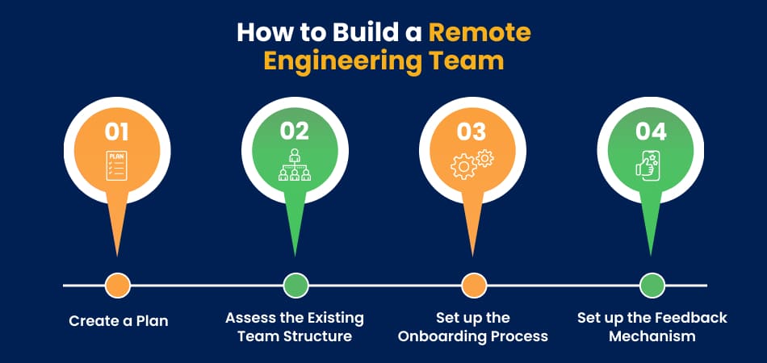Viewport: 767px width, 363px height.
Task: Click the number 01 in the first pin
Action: point(116,132)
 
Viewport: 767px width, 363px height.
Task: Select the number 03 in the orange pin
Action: point(472,132)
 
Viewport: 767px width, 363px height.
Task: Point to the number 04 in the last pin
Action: point(651,131)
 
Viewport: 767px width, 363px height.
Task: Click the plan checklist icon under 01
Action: point(116,165)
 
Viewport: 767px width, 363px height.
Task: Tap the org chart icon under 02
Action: point(295,165)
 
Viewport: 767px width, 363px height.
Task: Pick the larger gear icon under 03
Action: point(463,167)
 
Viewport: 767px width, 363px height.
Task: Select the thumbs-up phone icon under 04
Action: point(650,165)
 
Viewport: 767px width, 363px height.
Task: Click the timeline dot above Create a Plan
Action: point(117,286)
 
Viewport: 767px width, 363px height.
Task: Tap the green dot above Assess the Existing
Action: point(295,286)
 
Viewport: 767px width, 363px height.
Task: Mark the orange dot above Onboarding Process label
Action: point(473,286)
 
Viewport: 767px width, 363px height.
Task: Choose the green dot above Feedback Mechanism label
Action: point(652,286)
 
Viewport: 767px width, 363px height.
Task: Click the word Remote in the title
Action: point(480,33)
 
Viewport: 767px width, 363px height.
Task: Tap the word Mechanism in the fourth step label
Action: point(652,336)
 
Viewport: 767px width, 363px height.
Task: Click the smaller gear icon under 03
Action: point(484,158)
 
